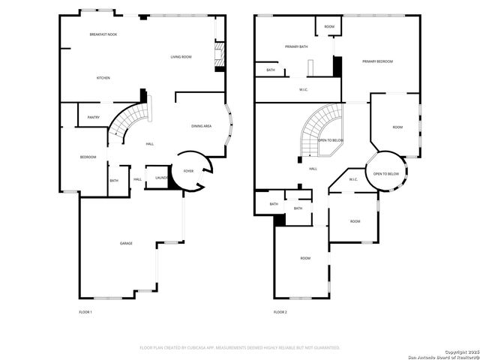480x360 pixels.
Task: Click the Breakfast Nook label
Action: point(103,34)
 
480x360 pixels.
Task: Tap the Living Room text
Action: point(181,57)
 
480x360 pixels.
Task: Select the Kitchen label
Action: point(103,78)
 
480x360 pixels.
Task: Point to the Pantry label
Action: point(94,117)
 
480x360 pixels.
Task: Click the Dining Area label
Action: point(201,126)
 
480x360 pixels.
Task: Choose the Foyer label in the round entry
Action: point(188,171)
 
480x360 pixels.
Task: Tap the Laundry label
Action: point(161,178)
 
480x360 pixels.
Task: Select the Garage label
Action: point(127,243)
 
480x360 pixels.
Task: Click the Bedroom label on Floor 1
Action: point(88,157)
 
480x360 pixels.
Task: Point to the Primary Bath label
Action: point(295,46)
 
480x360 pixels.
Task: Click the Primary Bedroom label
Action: point(378,61)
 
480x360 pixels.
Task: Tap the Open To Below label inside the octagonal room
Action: point(386,174)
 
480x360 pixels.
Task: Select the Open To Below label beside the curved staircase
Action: point(331,140)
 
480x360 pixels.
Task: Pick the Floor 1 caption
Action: point(85,311)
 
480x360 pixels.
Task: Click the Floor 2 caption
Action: point(280,311)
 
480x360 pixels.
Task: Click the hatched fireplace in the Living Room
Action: point(220,56)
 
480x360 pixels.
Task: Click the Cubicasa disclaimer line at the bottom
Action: point(240,347)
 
